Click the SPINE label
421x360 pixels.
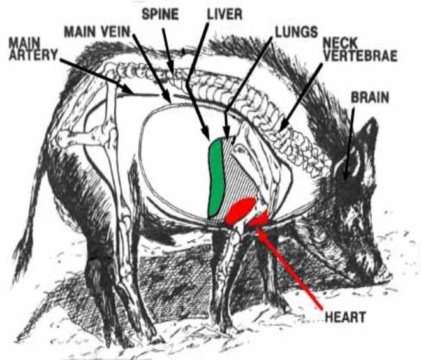(160, 14)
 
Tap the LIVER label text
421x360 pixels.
(225, 14)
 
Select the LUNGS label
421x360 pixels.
(297, 32)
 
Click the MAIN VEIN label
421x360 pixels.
(97, 32)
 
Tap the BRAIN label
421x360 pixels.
(370, 98)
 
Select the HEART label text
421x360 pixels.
(345, 317)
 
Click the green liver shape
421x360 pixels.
(216, 177)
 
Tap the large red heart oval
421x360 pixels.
(240, 210)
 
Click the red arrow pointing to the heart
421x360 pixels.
(288, 268)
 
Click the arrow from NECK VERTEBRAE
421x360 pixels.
(300, 97)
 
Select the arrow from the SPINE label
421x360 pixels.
(168, 52)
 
